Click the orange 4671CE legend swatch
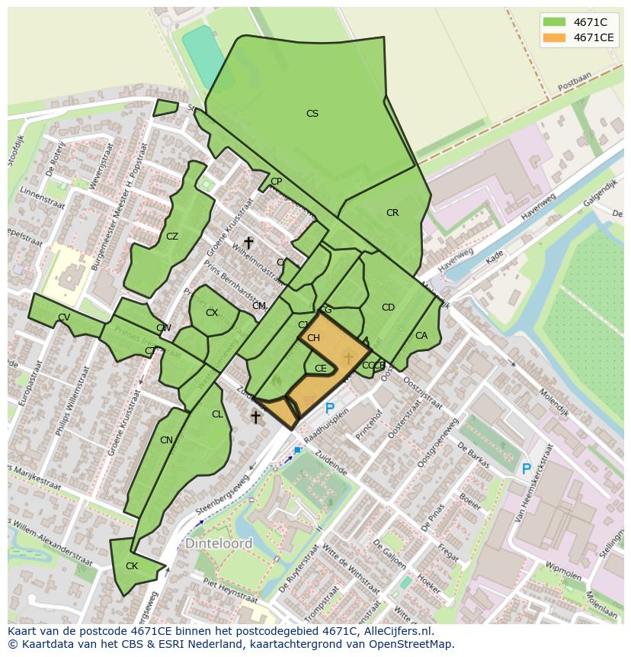click(x=554, y=37)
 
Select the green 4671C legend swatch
click(x=554, y=22)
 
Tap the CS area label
click(x=312, y=114)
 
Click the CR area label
click(x=392, y=213)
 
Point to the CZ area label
click(x=172, y=237)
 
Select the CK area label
click(x=132, y=566)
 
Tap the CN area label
click(x=166, y=440)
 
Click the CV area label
click(x=64, y=317)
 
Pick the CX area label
click(x=212, y=313)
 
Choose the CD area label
click(x=388, y=308)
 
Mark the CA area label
click(x=421, y=336)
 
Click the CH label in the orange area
click(x=313, y=338)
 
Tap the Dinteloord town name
click(x=218, y=544)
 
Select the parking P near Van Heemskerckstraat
click(x=526, y=469)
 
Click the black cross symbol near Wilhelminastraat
click(x=248, y=243)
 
